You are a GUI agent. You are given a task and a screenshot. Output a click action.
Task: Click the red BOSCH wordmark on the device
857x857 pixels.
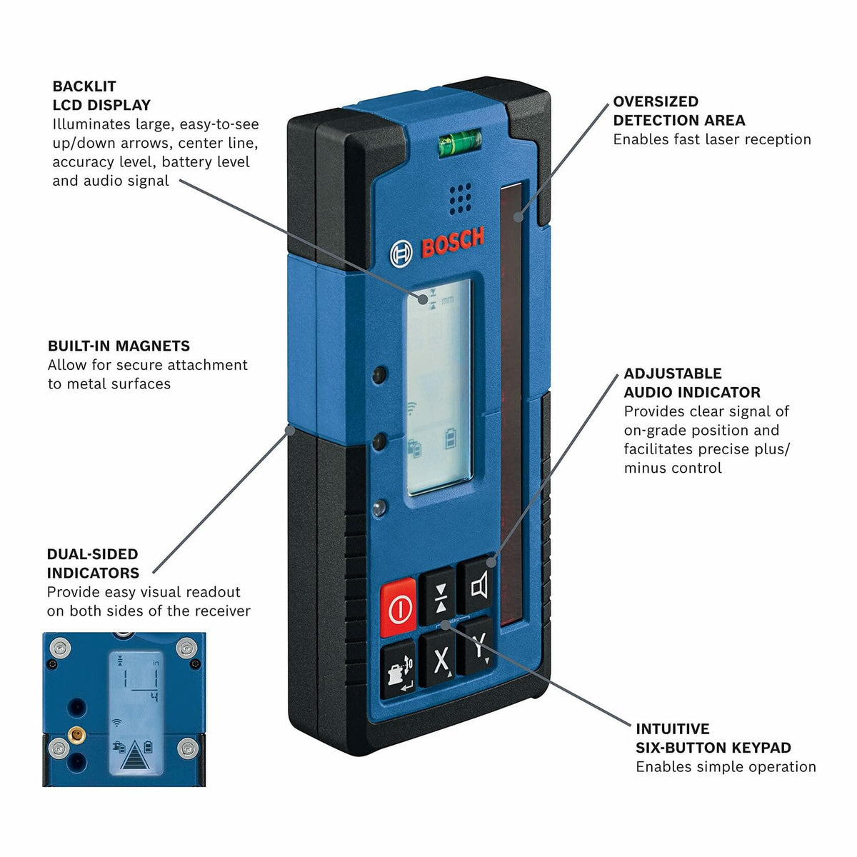[453, 243]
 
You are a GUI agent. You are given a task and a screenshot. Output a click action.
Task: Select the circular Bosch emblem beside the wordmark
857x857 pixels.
[401, 254]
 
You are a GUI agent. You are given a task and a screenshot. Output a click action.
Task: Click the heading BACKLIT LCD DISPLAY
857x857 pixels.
[101, 96]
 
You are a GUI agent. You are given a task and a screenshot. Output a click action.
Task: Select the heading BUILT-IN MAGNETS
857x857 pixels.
[119, 346]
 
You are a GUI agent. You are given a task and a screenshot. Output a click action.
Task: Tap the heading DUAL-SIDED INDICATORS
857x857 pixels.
[93, 563]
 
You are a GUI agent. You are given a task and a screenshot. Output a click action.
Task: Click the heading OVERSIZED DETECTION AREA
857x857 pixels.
[678, 111]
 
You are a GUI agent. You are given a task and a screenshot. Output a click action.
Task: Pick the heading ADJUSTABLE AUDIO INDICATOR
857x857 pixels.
[692, 383]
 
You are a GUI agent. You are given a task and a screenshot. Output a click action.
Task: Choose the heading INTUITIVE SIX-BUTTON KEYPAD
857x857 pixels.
[713, 738]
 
